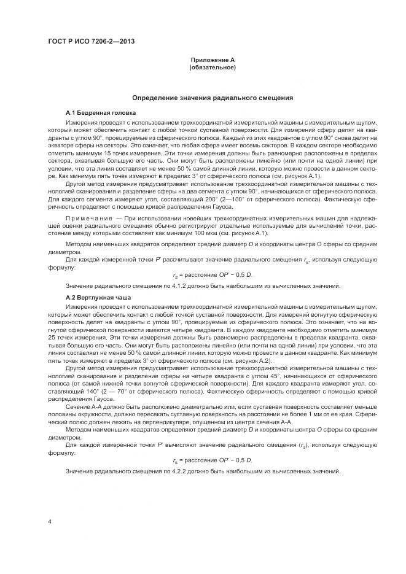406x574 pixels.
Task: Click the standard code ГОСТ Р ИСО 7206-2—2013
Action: coord(90,42)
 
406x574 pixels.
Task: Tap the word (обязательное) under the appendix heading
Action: coord(213,67)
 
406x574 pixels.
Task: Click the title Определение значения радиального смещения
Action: coord(213,98)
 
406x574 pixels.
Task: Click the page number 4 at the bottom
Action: coord(49,521)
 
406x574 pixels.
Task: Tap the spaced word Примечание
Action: coord(87,220)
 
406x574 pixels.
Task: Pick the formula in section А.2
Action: coord(212,460)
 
